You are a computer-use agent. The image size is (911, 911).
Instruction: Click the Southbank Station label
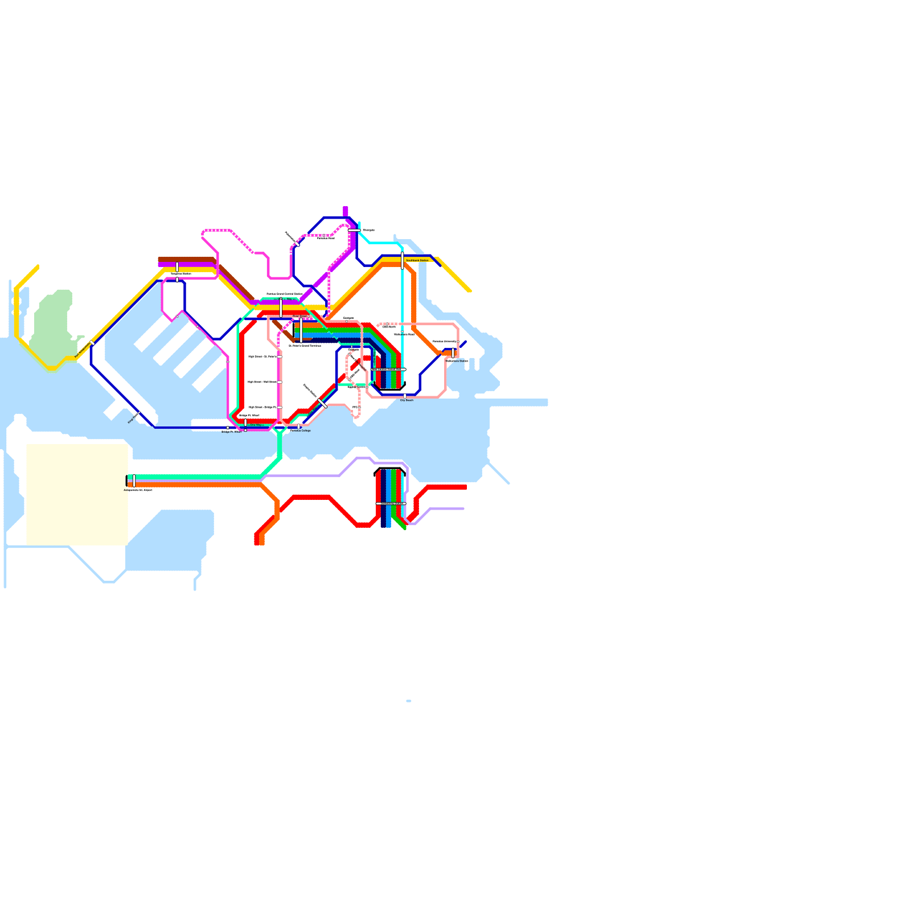417,260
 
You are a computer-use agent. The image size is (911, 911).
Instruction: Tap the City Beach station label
407,400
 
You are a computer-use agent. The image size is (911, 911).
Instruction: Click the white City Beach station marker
405,395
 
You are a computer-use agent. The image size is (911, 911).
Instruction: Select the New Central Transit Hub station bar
388,370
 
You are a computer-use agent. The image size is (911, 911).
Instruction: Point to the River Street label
300,316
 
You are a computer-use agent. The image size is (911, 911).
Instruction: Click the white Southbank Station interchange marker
403,260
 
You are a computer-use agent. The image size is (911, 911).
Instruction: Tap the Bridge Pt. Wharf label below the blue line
231,432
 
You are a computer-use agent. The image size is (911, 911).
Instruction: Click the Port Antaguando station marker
92,343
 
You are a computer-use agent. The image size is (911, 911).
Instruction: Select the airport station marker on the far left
134,481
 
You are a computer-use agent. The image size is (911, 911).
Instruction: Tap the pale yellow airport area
77,494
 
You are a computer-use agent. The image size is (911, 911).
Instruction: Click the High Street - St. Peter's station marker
280,356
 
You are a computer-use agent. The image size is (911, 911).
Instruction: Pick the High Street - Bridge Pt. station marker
280,407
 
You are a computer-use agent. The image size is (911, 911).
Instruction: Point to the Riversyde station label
369,230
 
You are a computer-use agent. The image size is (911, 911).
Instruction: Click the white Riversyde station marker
354,230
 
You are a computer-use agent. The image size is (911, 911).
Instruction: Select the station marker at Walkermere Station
453,353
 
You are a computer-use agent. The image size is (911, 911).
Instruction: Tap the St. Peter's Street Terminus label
305,346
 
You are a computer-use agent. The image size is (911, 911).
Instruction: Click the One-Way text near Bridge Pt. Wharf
256,425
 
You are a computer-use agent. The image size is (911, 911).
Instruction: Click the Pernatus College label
301,430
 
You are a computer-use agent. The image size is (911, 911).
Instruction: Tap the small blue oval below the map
409,701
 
